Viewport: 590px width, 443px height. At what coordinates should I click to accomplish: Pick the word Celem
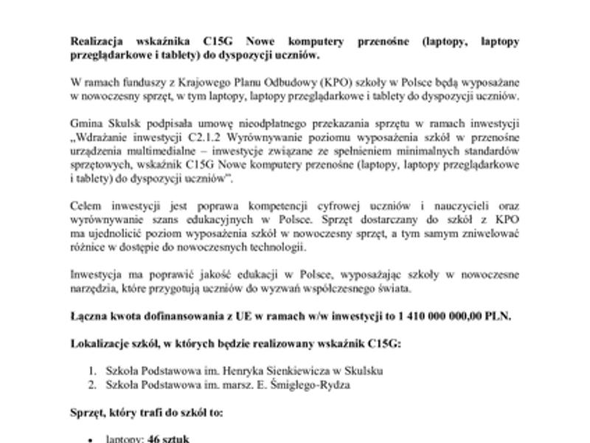pos(85,206)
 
